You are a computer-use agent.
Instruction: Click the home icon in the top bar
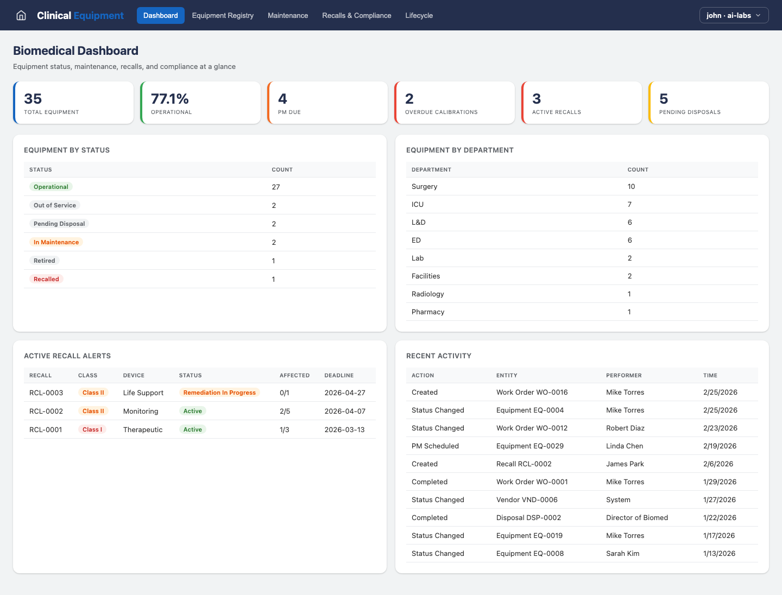point(21,15)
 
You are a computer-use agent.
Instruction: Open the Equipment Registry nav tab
point(223,15)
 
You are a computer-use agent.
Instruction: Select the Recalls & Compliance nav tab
point(356,15)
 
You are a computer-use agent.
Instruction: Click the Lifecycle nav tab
point(419,15)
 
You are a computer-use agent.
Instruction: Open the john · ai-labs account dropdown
point(734,15)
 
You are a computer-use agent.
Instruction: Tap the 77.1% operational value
point(170,99)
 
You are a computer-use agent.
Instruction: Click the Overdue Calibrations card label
point(441,112)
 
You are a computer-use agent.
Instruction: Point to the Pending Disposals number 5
point(664,99)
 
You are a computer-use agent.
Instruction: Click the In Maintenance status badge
point(56,242)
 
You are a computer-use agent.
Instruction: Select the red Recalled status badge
point(46,279)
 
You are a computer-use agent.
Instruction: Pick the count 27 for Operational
point(276,187)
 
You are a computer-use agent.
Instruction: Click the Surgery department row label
point(424,186)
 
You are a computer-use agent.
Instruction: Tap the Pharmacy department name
point(428,312)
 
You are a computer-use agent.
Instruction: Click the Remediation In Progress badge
point(219,393)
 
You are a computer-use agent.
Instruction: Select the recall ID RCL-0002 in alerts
point(46,411)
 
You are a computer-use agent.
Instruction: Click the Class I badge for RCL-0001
point(92,429)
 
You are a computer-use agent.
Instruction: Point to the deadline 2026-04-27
point(345,393)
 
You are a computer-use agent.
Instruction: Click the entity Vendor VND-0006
point(527,499)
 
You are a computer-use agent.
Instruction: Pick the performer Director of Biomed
point(637,517)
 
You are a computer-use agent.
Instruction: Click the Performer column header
point(624,375)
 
